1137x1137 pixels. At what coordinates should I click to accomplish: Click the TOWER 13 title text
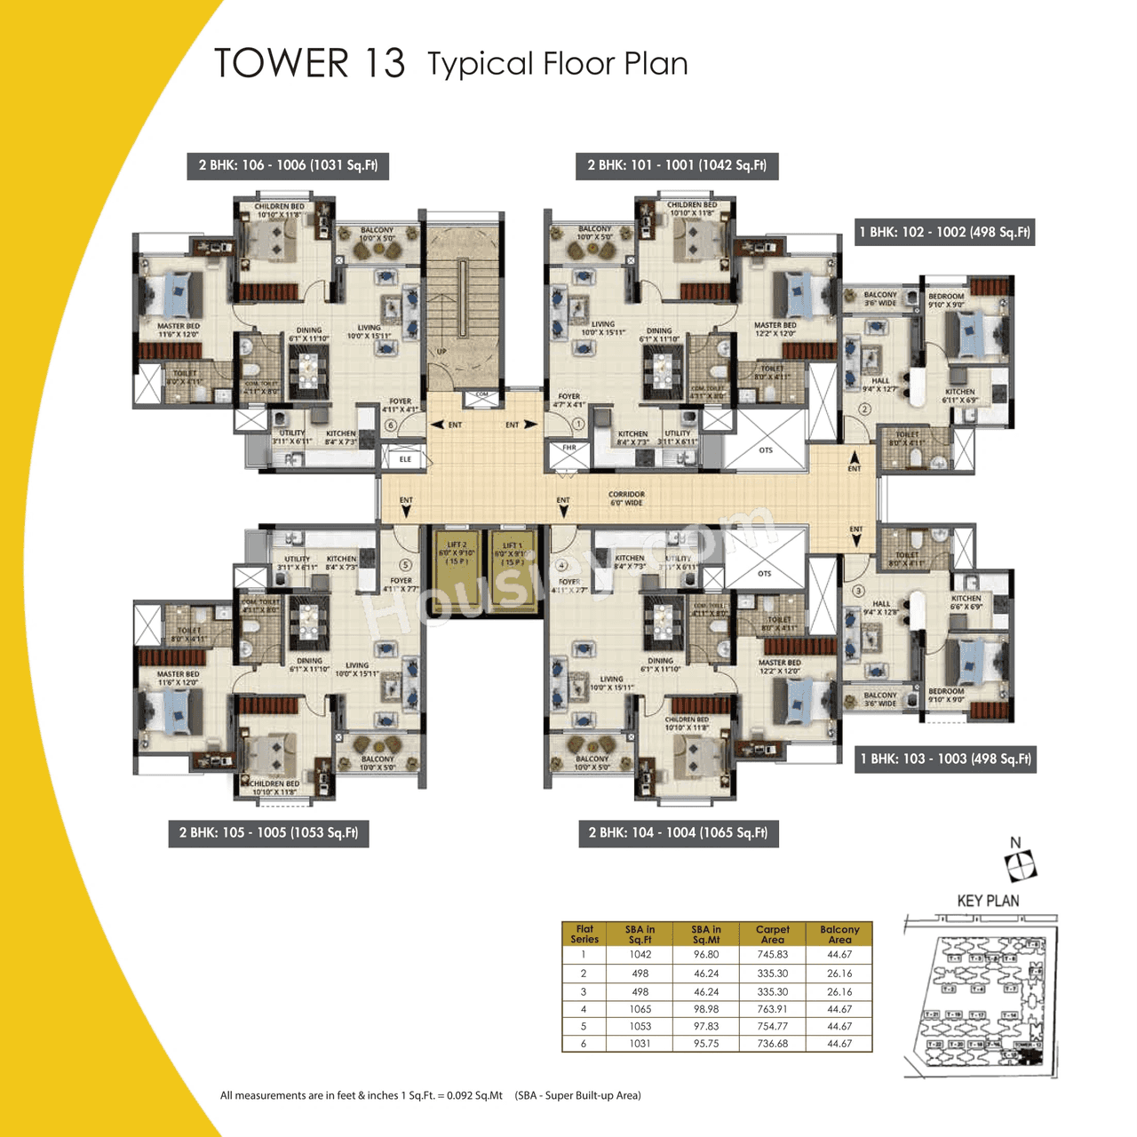(309, 64)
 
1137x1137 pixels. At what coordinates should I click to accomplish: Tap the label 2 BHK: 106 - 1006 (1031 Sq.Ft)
(288, 165)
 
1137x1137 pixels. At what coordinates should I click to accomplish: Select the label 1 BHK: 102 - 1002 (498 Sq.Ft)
(944, 232)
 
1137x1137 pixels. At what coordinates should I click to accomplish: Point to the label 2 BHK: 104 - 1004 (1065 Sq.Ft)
(678, 833)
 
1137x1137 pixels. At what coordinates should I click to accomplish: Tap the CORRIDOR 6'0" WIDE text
(626, 498)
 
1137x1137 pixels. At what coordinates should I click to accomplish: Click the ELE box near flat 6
(405, 459)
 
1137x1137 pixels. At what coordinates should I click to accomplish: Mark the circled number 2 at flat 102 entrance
(864, 409)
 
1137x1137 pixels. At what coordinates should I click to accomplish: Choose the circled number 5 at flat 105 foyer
(406, 565)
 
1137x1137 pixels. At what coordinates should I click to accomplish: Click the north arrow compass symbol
(1020, 863)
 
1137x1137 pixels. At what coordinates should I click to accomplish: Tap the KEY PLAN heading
(988, 901)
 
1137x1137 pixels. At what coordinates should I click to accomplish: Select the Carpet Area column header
(772, 934)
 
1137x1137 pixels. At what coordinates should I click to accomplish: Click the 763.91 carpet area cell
(772, 1009)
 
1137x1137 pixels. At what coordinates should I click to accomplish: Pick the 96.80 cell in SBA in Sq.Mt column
(706, 955)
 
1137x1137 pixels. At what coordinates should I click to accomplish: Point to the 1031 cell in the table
(640, 1044)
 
